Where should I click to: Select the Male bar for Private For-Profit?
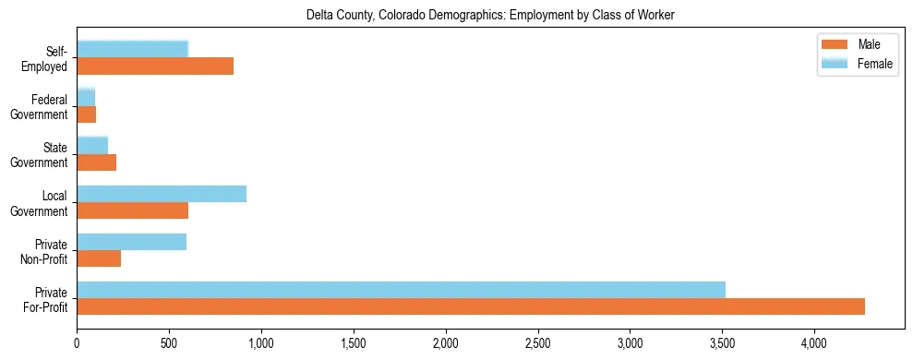pyautogui.click(x=471, y=306)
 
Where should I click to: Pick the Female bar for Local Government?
pyautogui.click(x=162, y=194)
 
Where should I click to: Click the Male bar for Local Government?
pyautogui.click(x=133, y=210)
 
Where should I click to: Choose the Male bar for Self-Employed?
pyautogui.click(x=155, y=66)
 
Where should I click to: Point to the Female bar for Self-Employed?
pyautogui.click(x=133, y=49)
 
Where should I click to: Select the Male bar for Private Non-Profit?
pyautogui.click(x=99, y=258)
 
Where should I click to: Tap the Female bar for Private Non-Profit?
pyautogui.click(x=132, y=242)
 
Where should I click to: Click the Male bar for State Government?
pyautogui.click(x=97, y=162)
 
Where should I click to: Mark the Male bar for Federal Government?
pyautogui.click(x=87, y=114)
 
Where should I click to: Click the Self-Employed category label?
pyautogui.click(x=49, y=59)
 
